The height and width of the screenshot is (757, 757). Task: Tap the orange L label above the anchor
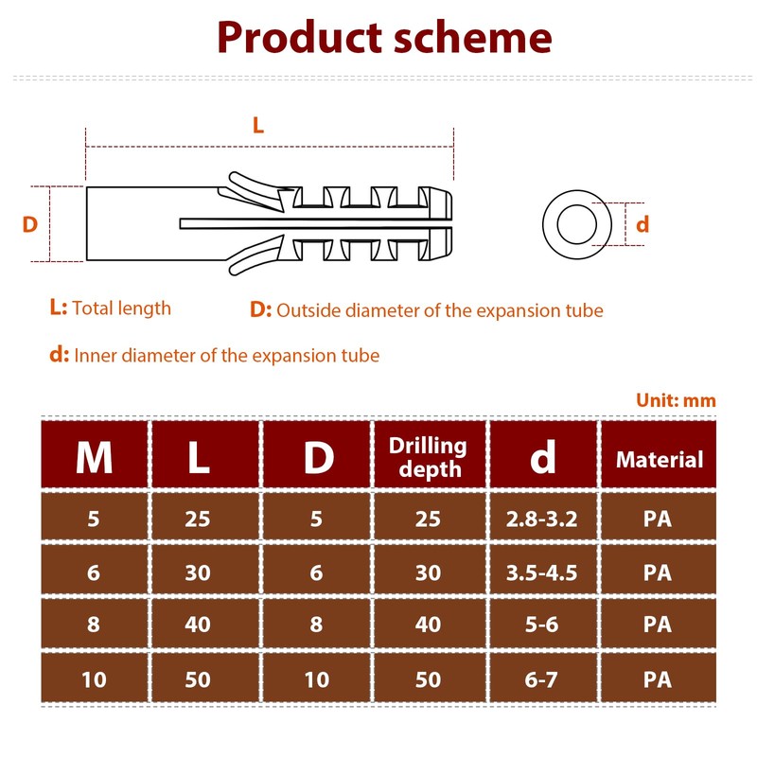coord(258,124)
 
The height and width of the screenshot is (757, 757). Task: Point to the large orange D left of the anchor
coord(30,224)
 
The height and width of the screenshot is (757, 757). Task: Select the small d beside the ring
coord(643,224)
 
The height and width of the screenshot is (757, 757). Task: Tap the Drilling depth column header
coord(429,457)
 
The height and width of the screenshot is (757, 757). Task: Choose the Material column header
coord(660,460)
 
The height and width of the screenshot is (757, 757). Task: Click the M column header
coord(94,459)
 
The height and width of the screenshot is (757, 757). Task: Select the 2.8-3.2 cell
coord(542,519)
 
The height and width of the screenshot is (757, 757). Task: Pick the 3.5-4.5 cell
coord(542,572)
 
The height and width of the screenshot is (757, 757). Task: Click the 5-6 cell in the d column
coord(542,625)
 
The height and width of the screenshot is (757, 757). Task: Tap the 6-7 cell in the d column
coord(542,679)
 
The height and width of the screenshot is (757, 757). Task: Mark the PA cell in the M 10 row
coord(658,679)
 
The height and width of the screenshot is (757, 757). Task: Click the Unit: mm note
coord(676,400)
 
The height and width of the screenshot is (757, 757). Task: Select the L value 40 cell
coord(198,625)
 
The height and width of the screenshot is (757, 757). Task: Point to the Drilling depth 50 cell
coord(428,679)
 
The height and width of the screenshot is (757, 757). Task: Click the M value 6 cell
coord(94,572)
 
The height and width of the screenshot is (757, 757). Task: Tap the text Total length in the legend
coord(122,308)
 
